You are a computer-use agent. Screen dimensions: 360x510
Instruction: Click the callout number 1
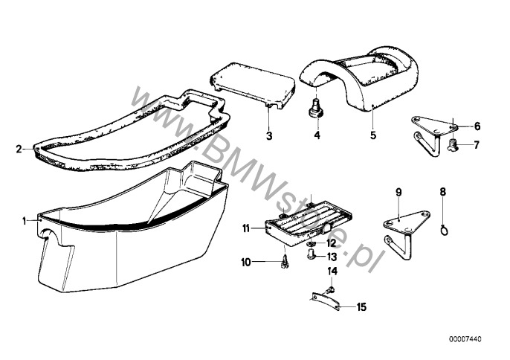tap(25, 219)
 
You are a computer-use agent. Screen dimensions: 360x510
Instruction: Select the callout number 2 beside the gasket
tap(18, 149)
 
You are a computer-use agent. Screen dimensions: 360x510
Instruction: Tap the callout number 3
tap(270, 136)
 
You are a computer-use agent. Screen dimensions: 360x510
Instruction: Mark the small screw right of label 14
tap(333, 288)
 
